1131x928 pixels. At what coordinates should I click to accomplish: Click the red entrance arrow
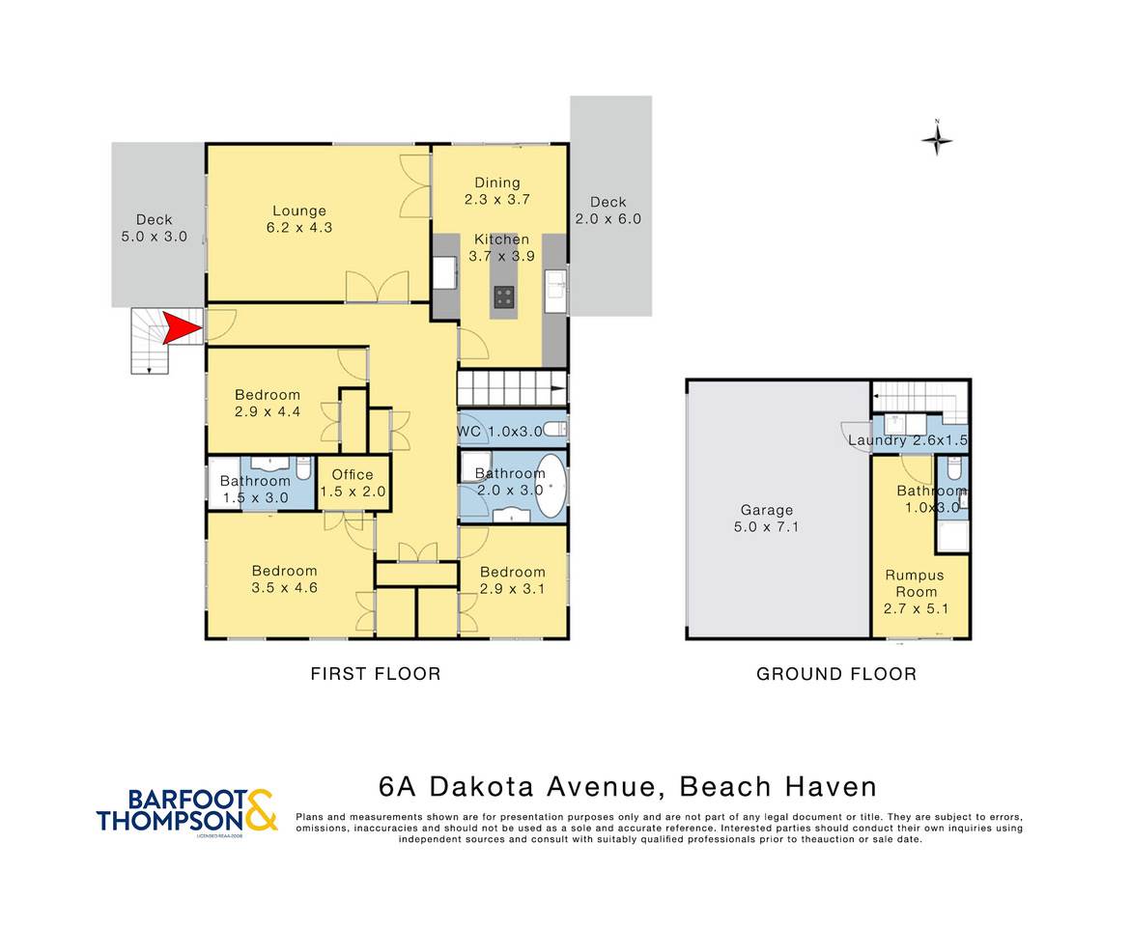pos(181,328)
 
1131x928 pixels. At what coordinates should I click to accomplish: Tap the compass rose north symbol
pos(937,138)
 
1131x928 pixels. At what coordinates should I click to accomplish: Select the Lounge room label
pos(299,219)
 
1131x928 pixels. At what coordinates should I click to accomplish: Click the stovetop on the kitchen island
pos(504,296)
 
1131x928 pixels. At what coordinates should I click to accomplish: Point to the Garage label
pos(766,519)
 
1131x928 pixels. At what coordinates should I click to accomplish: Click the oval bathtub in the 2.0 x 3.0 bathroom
pos(551,487)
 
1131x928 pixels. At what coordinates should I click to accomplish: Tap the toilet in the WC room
pos(554,430)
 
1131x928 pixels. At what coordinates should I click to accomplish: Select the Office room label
pos(353,483)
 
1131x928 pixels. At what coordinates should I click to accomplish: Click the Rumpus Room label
pos(916,592)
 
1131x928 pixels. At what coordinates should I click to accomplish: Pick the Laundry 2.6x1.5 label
pos(907,439)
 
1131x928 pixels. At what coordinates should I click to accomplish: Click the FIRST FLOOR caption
pos(376,673)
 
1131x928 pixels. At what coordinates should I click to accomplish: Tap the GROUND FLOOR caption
pos(836,673)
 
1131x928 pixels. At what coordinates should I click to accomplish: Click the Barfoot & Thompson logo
pos(186,813)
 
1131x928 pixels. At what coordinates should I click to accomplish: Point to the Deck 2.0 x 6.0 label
pos(608,211)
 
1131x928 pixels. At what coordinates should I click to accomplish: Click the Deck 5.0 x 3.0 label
pos(155,228)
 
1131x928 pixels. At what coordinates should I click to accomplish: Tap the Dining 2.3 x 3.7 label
pos(497,191)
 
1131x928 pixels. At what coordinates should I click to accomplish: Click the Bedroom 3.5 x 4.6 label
pos(285,579)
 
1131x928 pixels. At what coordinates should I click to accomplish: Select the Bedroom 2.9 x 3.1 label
pos(513,579)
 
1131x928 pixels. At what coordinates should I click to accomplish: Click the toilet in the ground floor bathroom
pos(953,468)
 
